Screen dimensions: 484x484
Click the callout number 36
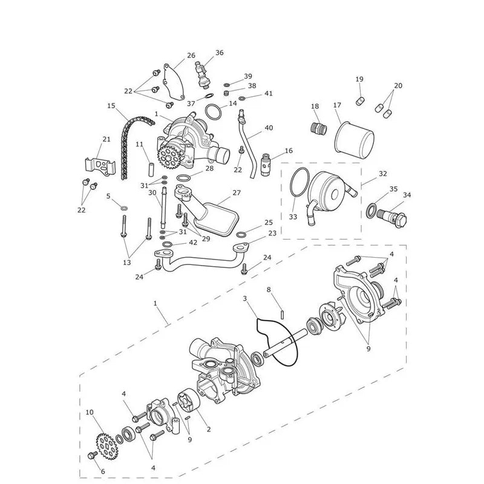pos(220,53)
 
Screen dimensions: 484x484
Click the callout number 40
pos(269,128)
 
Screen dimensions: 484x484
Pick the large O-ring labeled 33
pos(299,183)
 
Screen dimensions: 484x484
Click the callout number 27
pos(237,192)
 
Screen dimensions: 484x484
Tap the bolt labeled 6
pos(93,455)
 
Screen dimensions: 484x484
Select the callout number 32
pos(383,174)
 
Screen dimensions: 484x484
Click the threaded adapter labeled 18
pos(319,128)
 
